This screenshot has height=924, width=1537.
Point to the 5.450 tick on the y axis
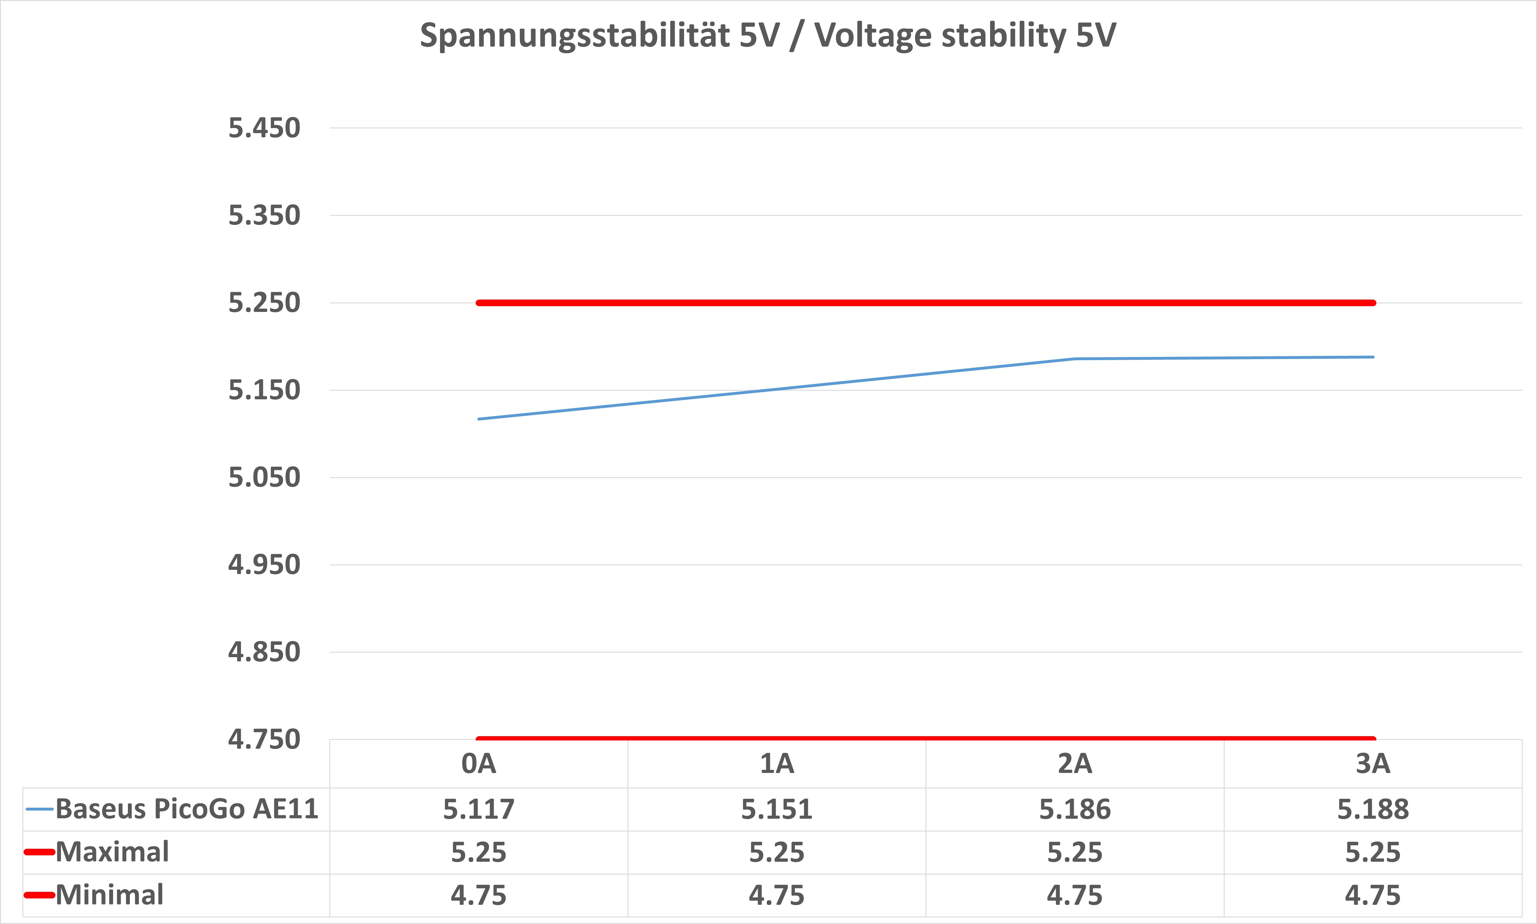click(x=264, y=128)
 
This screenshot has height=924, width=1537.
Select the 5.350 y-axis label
click(x=264, y=215)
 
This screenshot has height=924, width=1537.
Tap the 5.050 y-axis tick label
click(x=264, y=478)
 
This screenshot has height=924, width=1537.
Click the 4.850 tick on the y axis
click(x=264, y=652)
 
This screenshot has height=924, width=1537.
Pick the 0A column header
click(x=479, y=763)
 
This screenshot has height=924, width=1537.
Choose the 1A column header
click(x=777, y=763)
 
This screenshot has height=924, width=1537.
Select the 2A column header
click(x=1075, y=763)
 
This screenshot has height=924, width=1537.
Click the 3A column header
click(x=1373, y=763)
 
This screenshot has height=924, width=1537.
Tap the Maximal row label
click(x=112, y=852)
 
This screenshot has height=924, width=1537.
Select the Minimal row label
click(x=110, y=895)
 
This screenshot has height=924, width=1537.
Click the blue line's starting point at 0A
click(x=479, y=419)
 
